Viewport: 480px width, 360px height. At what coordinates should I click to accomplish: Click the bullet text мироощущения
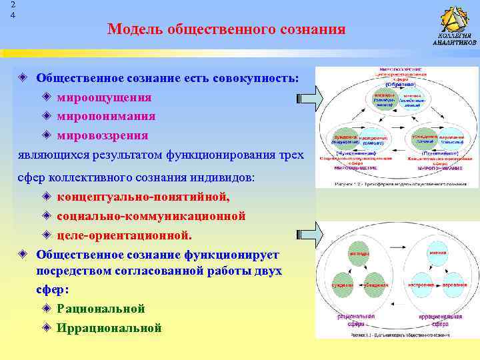pos(104,97)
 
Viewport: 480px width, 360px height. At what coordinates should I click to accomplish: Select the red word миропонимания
pos(106,116)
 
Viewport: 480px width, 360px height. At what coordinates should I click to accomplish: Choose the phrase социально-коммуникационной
pos(151,216)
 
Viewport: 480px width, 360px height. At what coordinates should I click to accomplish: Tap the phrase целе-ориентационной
pos(125,235)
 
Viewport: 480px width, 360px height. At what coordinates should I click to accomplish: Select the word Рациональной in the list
pos(101,309)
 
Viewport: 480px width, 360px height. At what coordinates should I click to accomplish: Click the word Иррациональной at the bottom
pos(109,327)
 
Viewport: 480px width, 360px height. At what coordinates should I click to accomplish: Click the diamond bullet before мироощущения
pos(46,97)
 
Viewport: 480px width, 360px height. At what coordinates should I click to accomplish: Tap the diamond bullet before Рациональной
pos(46,309)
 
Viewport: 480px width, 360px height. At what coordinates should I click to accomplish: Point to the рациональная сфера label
pos(356,320)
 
